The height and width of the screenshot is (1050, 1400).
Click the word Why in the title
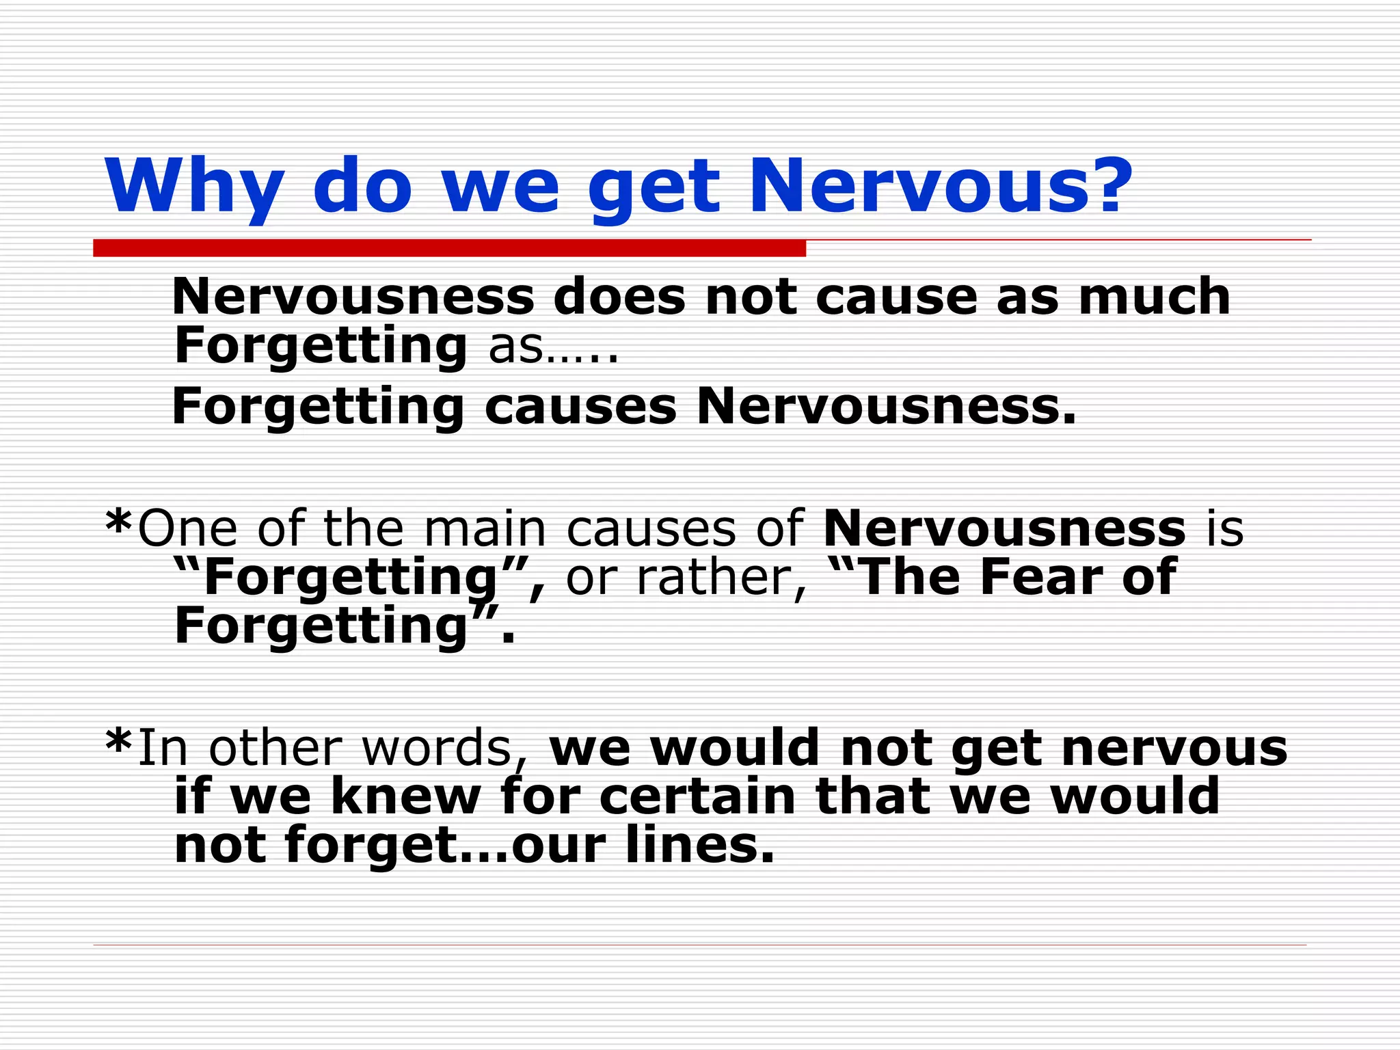(194, 187)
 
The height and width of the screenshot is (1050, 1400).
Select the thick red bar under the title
(449, 248)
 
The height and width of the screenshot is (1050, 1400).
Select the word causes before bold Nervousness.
(580, 407)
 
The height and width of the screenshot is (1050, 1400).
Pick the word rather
(721, 578)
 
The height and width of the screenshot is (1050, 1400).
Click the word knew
(406, 796)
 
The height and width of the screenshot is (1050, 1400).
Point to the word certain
(698, 796)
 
